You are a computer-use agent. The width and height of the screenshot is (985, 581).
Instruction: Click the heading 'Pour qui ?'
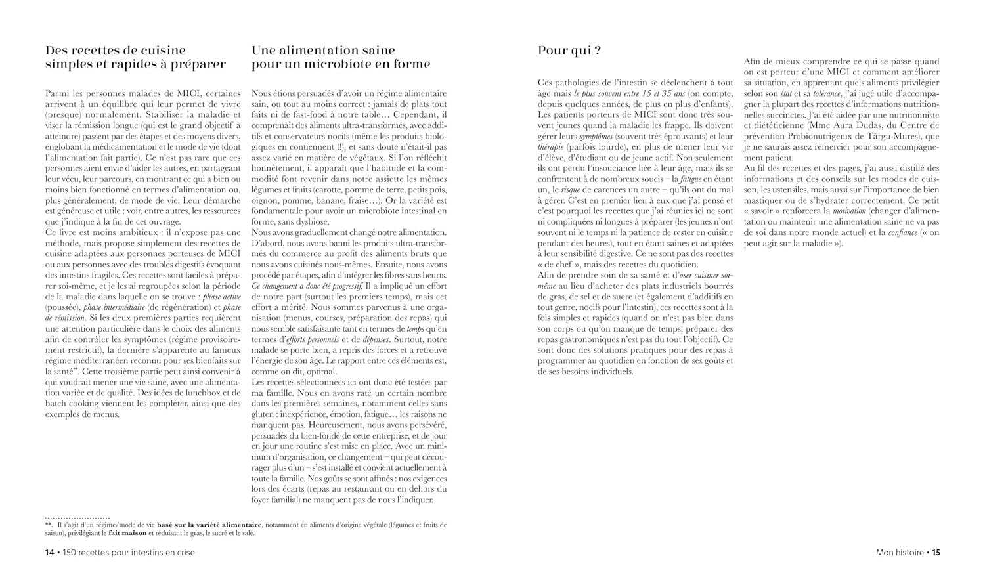(569, 51)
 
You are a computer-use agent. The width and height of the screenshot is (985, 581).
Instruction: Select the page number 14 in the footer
(49, 553)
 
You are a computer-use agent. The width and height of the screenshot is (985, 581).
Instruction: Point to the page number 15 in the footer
(936, 553)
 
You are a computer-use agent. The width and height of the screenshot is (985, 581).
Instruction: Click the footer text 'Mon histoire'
(900, 553)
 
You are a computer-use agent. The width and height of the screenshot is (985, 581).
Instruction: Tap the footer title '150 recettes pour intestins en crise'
(129, 553)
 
